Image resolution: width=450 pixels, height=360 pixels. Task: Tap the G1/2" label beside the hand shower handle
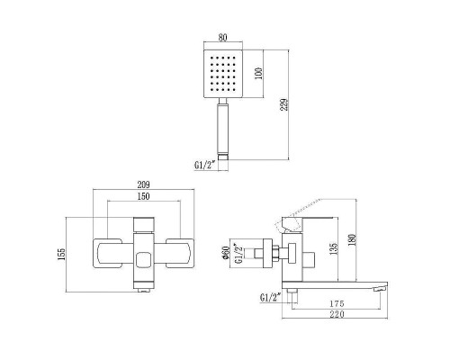point(204,165)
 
